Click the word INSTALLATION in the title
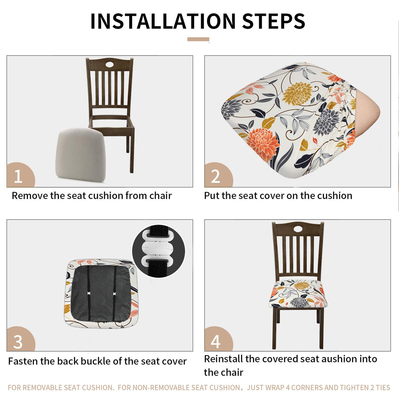[x=163, y=21]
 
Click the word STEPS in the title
[x=274, y=21]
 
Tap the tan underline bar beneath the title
[x=198, y=39]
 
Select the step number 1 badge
[x=20, y=175]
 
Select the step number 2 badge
[x=218, y=175]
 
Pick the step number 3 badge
[x=20, y=339]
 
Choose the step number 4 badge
[x=218, y=339]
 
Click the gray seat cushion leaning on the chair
[x=81, y=154]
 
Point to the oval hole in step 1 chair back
[x=109, y=65]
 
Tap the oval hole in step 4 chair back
[x=298, y=229]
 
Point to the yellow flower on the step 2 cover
[x=297, y=93]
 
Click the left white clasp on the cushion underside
[x=89, y=294]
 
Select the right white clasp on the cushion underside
[x=114, y=294]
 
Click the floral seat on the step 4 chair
[x=298, y=293]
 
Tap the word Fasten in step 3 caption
[x=23, y=361]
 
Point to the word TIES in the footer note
[x=383, y=387]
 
